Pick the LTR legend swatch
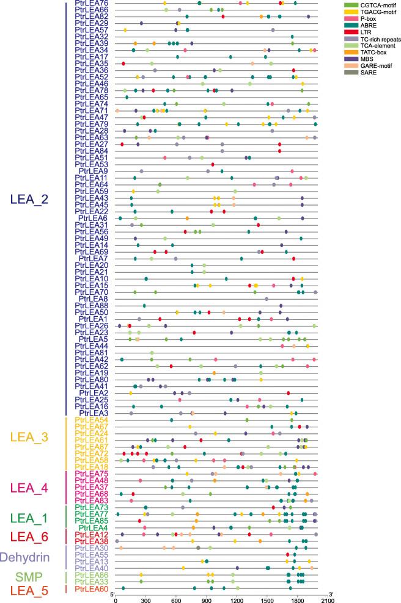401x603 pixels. pyautogui.click(x=350, y=32)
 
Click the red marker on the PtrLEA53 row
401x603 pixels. pyautogui.click(x=213, y=164)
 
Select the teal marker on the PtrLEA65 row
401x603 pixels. pyautogui.click(x=127, y=97)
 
